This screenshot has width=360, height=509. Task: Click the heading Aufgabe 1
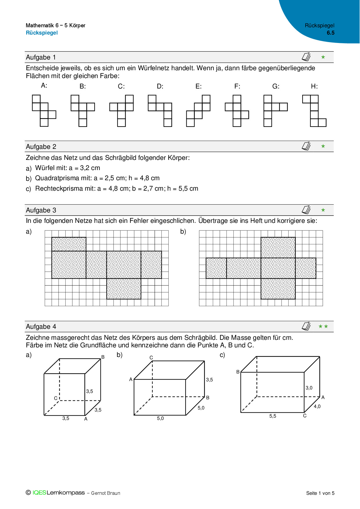[41, 57]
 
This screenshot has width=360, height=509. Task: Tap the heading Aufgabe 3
[41, 210]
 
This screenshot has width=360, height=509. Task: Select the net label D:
[160, 86]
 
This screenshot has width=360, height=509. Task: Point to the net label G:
[276, 86]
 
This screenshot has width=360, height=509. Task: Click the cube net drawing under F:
[237, 111]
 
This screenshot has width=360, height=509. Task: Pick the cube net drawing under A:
[44, 111]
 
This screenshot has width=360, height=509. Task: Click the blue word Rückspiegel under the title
[42, 33]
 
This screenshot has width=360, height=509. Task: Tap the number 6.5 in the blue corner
[330, 33]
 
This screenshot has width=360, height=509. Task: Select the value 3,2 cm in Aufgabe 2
[90, 168]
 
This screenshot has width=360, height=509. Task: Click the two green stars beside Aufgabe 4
[323, 326]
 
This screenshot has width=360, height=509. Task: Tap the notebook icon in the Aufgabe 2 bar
[306, 146]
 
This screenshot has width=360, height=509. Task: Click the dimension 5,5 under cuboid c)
[273, 416]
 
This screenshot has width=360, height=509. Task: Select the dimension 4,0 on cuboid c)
[317, 407]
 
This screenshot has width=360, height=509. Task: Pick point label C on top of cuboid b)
[151, 358]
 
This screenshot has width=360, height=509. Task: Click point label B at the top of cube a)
[103, 357]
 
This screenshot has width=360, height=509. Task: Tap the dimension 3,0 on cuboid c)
[309, 388]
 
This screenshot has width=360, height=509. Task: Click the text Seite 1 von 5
[320, 493]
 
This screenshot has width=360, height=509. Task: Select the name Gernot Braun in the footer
[106, 493]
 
